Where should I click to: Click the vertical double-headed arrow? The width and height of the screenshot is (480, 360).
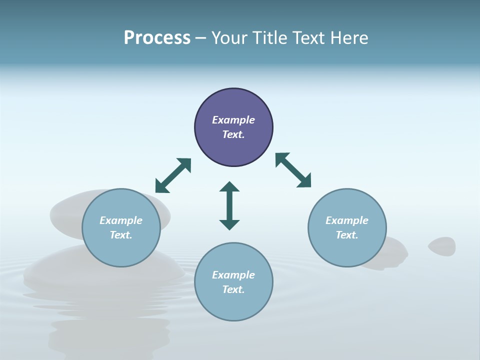point(229,205)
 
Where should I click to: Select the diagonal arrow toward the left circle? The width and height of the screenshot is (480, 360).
point(173,175)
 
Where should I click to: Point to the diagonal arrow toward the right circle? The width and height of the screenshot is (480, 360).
point(293,170)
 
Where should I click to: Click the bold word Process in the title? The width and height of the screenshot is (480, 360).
point(157,38)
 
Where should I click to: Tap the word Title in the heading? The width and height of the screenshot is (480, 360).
point(270,38)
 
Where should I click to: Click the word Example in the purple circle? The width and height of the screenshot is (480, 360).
point(233,120)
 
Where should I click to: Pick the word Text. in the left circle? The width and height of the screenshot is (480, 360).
point(121,235)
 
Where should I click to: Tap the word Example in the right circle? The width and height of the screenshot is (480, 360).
point(347,220)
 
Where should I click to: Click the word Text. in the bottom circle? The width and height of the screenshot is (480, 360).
point(233,289)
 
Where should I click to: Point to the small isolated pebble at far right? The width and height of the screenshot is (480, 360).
point(442,245)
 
